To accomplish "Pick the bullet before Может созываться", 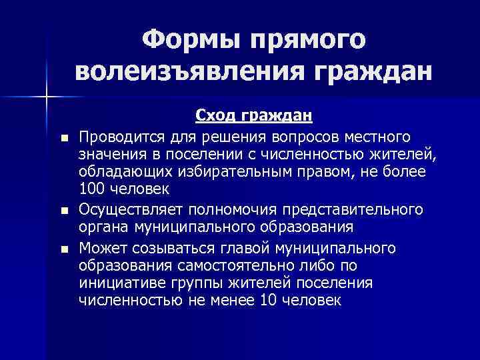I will (x=63, y=250).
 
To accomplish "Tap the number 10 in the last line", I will (x=269, y=300).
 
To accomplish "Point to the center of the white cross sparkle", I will (x=47, y=97).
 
